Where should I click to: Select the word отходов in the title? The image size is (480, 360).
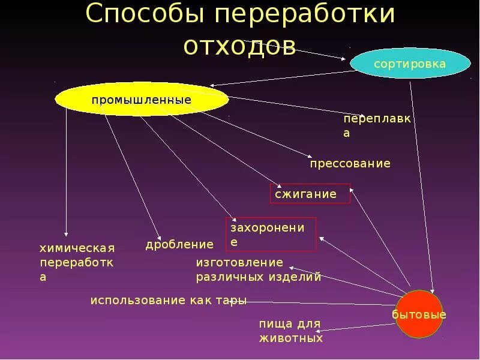tap(240, 46)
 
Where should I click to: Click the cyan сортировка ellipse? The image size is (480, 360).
tap(410, 64)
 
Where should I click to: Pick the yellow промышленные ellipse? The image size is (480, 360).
tap(142, 99)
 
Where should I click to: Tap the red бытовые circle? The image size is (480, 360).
tap(419, 314)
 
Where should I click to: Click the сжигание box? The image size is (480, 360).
tap(310, 194)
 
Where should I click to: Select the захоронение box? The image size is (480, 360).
tap(271, 234)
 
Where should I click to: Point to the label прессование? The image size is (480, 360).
tap(350, 163)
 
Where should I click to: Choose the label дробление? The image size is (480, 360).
tap(179, 244)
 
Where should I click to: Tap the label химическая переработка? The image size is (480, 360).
tap(77, 262)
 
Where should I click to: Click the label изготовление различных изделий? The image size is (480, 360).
tap(258, 269)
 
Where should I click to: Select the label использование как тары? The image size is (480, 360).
tap(168, 301)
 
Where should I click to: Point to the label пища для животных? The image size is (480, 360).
tap(290, 331)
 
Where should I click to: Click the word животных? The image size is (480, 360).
tap(291, 338)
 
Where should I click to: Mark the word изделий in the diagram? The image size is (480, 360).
tap(298, 277)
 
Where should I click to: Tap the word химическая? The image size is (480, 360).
tap(77, 248)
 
